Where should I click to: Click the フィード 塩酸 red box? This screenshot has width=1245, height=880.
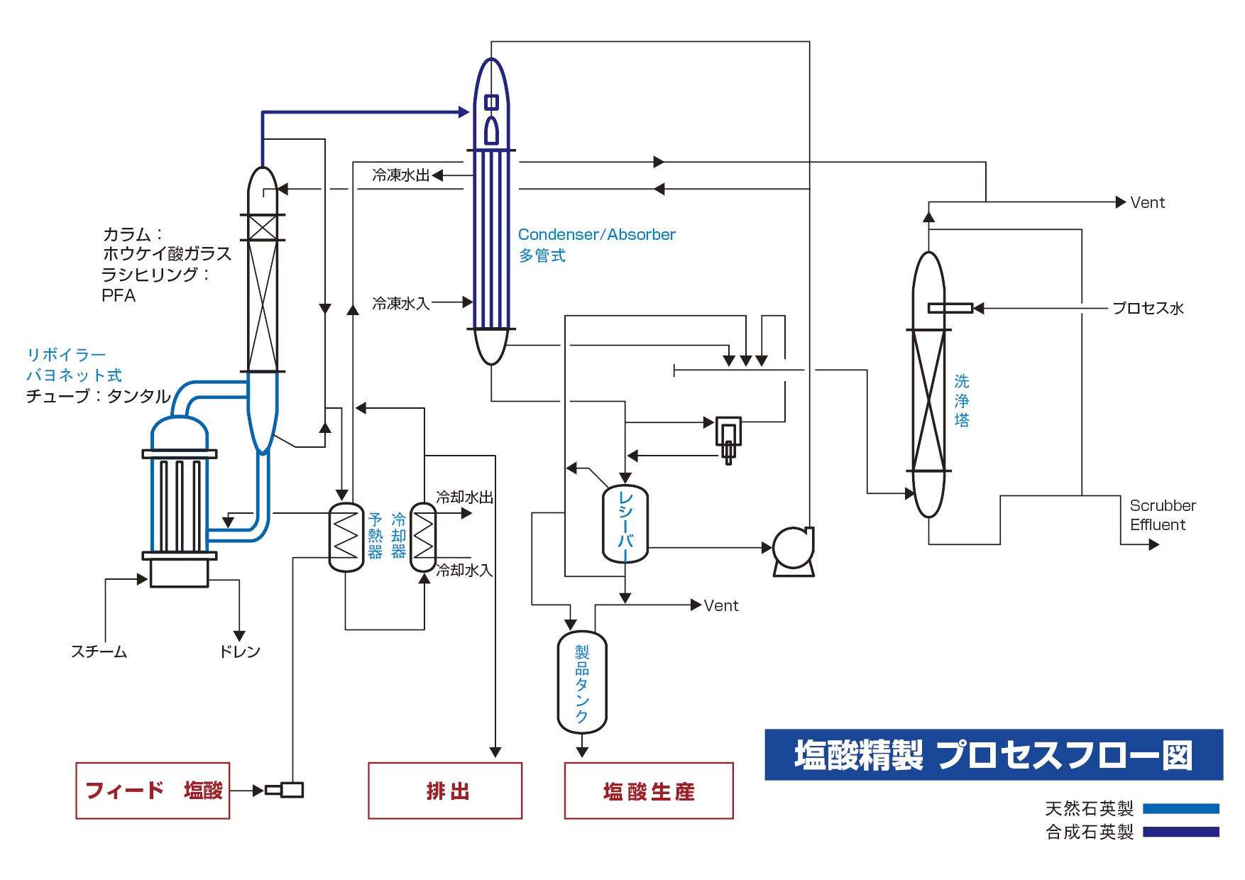coord(153,791)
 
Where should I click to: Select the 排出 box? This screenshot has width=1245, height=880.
coord(445,791)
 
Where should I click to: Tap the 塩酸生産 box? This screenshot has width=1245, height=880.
coord(649,791)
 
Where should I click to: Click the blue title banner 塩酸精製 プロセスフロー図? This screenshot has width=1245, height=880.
coord(994,754)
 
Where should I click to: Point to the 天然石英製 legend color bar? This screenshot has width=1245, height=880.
coord(1181,808)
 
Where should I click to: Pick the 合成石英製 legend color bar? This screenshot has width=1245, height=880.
coord(1181,832)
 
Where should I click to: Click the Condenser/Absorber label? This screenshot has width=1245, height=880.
coord(597,234)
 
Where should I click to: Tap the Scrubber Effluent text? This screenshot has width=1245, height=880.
coord(1163,515)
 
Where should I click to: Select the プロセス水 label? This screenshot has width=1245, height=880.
coord(1148,308)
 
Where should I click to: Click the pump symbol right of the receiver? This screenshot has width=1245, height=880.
coord(794,551)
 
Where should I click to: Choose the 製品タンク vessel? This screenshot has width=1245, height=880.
coord(582,682)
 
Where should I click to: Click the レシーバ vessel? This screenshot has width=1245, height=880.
coord(625,524)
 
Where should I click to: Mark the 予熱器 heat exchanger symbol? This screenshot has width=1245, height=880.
coord(346,537)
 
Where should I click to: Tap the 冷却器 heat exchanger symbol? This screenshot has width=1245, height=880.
coord(423,537)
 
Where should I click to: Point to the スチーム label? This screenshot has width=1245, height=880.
coord(99,651)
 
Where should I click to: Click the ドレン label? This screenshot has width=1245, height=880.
coord(240,651)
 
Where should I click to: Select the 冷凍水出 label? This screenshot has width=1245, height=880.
coord(401,175)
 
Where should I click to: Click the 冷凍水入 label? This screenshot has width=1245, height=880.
coord(401,303)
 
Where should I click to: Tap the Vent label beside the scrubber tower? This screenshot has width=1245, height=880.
coord(1148,202)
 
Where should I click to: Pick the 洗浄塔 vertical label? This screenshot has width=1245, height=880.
coord(962,401)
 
